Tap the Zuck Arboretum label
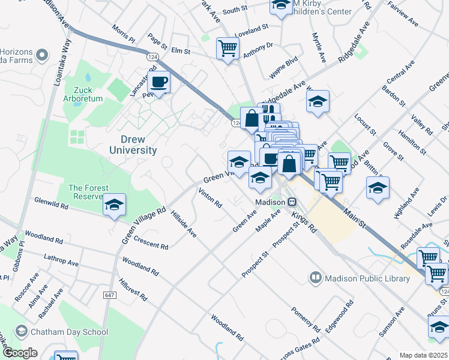pyautogui.click(x=86, y=93)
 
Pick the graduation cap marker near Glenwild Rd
pyautogui.click(x=114, y=206)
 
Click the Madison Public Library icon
pyautogui.click(x=316, y=278)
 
